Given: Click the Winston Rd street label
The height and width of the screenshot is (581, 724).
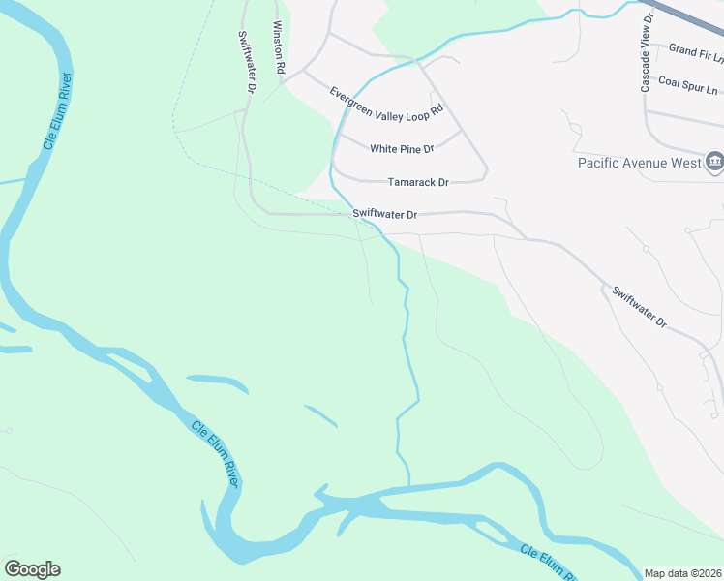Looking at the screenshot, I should pyautogui.click(x=279, y=48).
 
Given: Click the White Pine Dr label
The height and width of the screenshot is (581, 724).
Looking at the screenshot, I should pyautogui.click(x=402, y=149).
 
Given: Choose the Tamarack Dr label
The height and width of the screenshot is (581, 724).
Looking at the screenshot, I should pyautogui.click(x=418, y=182).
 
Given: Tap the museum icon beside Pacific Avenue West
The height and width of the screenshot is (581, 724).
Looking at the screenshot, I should pyautogui.click(x=715, y=161).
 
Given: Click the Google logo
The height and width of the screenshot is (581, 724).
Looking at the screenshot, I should pyautogui.click(x=32, y=569).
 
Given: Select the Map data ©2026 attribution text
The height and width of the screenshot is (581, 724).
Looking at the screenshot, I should pyautogui.click(x=683, y=573).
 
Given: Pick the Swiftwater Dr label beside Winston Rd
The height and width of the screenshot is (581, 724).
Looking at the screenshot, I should pyautogui.click(x=247, y=60).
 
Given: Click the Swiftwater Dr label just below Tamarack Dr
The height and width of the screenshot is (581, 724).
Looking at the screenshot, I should pyautogui.click(x=384, y=214).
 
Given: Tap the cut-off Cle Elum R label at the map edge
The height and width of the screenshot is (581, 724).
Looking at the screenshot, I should pyautogui.click(x=546, y=560).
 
